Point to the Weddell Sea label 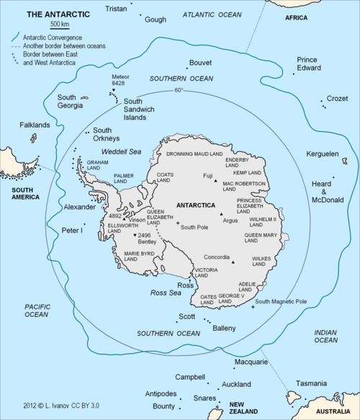pos(121,152)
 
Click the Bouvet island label pos(200,63)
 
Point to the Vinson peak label pos(137,220)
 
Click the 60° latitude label pos(179,90)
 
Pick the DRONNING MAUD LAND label pos(195,154)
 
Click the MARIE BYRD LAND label pos(140,256)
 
